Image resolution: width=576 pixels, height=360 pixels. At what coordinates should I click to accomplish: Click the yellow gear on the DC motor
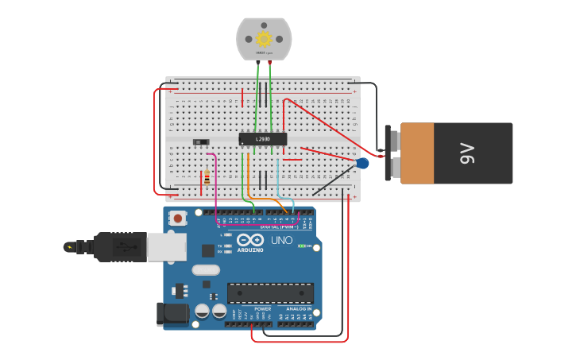pyautogui.click(x=264, y=38)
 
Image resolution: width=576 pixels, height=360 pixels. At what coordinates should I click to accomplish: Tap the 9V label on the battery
pyautogui.click(x=467, y=153)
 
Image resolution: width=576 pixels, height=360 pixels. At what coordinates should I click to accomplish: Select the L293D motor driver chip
pyautogui.click(x=263, y=139)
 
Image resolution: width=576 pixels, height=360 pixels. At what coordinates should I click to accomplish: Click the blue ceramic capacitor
pyautogui.click(x=362, y=163)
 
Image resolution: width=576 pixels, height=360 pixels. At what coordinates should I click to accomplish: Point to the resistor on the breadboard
pyautogui.click(x=207, y=177)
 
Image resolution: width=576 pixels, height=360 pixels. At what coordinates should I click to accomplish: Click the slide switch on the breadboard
pyautogui.click(x=201, y=142)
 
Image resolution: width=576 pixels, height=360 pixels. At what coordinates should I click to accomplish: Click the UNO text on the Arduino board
pyautogui.click(x=282, y=240)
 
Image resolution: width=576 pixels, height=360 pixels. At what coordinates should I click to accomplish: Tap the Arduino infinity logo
pyautogui.click(x=249, y=240)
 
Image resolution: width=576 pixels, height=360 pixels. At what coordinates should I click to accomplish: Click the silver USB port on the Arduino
pyautogui.click(x=167, y=247)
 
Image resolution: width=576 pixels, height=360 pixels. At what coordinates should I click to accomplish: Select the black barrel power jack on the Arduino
pyautogui.click(x=173, y=313)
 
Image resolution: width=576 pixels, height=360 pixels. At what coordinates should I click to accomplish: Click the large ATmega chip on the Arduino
pyautogui.click(x=270, y=292)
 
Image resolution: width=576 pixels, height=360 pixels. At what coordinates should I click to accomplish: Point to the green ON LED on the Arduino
pyautogui.click(x=300, y=246)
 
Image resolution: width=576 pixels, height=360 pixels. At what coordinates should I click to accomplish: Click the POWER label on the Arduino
pyautogui.click(x=262, y=308)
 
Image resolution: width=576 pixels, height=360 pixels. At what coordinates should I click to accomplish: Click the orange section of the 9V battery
pyautogui.click(x=417, y=153)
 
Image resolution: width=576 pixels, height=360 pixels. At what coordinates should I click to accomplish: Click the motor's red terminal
pyautogui.click(x=269, y=61)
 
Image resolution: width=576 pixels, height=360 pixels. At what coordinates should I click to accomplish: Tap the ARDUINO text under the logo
pyautogui.click(x=249, y=250)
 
